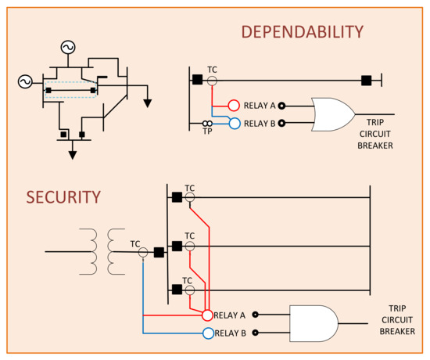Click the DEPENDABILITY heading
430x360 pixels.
302,32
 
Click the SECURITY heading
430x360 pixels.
63,196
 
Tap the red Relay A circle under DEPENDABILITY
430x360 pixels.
233,106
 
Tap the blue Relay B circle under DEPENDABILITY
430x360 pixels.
233,123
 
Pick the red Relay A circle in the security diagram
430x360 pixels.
207,315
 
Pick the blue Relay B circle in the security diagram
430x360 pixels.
207,333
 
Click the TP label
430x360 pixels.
208,132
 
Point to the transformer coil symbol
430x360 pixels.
106,252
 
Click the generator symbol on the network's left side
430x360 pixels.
23,81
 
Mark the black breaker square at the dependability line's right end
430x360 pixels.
366,80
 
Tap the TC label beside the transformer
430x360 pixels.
135,243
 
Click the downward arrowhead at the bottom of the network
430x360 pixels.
73,154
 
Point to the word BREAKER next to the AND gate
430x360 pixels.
397,332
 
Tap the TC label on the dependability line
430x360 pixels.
212,70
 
